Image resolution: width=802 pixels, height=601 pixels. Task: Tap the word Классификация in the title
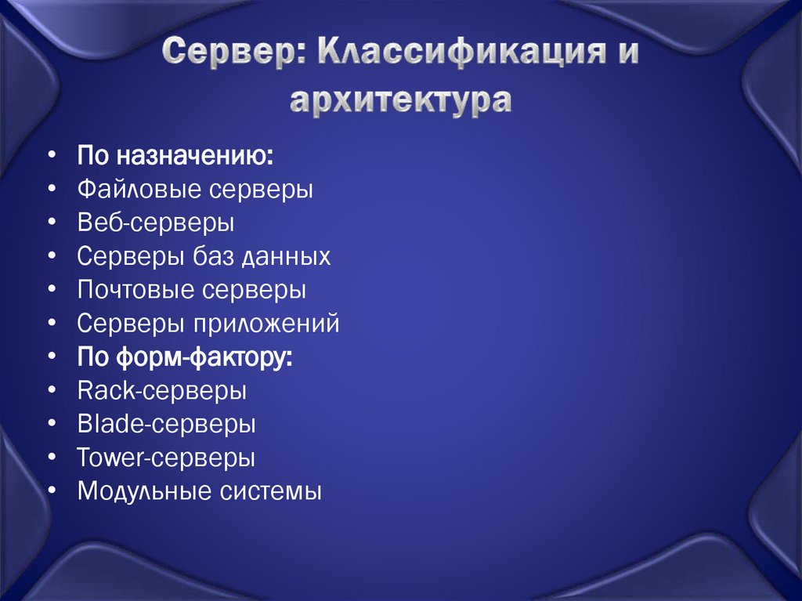click(x=456, y=55)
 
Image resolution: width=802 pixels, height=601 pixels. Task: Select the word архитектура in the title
click(x=401, y=101)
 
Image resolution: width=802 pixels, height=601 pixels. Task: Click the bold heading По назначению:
click(x=175, y=155)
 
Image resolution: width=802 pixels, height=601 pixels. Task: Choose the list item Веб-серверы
click(x=156, y=223)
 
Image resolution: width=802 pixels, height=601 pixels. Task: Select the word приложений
click(x=275, y=324)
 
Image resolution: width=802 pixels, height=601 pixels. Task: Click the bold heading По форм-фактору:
click(x=186, y=357)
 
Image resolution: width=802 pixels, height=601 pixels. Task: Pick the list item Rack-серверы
click(x=162, y=390)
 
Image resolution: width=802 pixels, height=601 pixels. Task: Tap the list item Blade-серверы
click(x=167, y=424)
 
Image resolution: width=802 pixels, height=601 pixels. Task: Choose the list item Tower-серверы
click(x=166, y=458)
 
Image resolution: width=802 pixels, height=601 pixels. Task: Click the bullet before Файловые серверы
click(x=51, y=190)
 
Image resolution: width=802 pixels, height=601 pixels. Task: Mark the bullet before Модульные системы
click(x=51, y=492)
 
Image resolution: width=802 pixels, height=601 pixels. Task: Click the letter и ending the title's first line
click(x=627, y=55)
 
